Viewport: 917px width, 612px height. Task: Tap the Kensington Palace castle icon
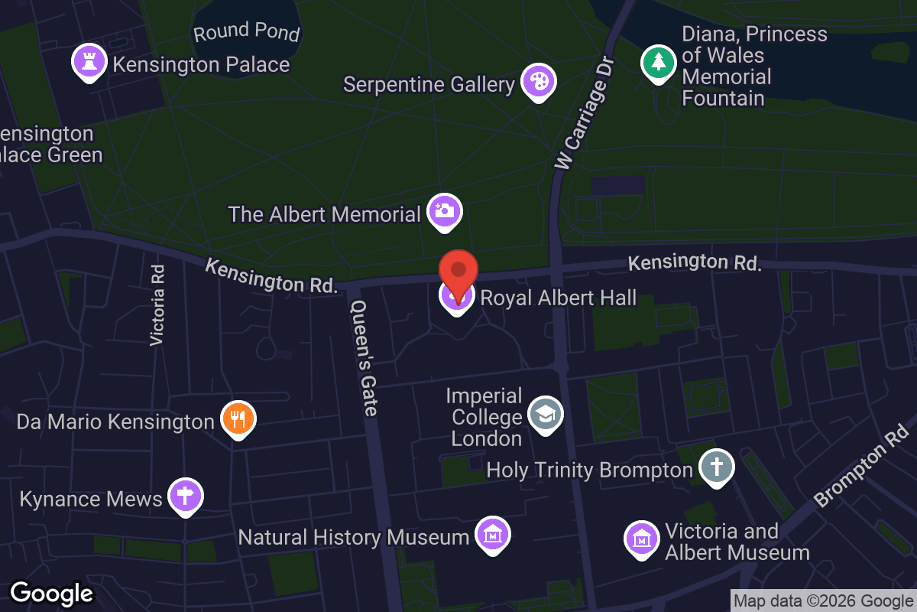click(x=89, y=62)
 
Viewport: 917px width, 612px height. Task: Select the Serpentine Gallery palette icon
click(x=539, y=81)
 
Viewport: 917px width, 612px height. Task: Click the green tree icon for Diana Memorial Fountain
click(x=658, y=63)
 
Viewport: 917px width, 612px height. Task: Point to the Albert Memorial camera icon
click(x=445, y=211)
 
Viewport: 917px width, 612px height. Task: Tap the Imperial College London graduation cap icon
click(x=545, y=414)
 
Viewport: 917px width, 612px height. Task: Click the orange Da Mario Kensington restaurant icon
click(x=238, y=418)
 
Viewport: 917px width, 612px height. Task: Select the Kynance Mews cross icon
click(x=185, y=495)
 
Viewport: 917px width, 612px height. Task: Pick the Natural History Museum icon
click(x=492, y=534)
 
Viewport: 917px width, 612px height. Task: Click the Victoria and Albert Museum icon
click(x=642, y=539)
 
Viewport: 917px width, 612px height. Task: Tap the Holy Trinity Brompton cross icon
click(x=716, y=467)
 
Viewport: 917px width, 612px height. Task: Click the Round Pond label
click(x=246, y=32)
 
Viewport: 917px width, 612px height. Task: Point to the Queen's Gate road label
click(x=363, y=357)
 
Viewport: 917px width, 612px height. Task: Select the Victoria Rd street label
click(x=157, y=304)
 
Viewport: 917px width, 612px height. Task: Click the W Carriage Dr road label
click(x=585, y=112)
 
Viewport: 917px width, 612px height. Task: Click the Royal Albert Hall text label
click(x=558, y=298)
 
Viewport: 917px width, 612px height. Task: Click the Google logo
click(x=51, y=593)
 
